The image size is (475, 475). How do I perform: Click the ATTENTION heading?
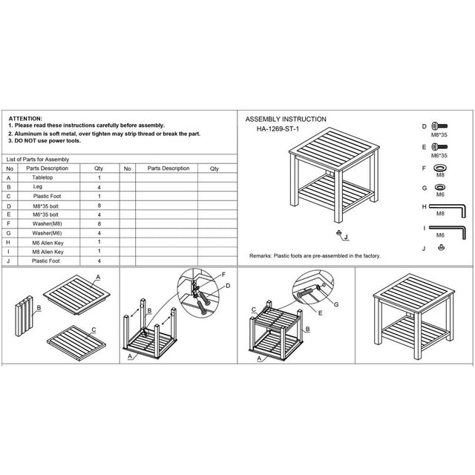point(26,119)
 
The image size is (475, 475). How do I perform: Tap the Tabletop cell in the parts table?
point(42,178)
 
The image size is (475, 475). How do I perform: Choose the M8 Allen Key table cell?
point(49,252)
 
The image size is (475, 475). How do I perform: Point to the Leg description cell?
point(37,189)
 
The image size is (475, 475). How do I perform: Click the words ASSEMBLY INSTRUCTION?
point(286,119)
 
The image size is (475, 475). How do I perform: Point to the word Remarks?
point(261,255)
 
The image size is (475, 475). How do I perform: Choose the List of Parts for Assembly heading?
point(37,159)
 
